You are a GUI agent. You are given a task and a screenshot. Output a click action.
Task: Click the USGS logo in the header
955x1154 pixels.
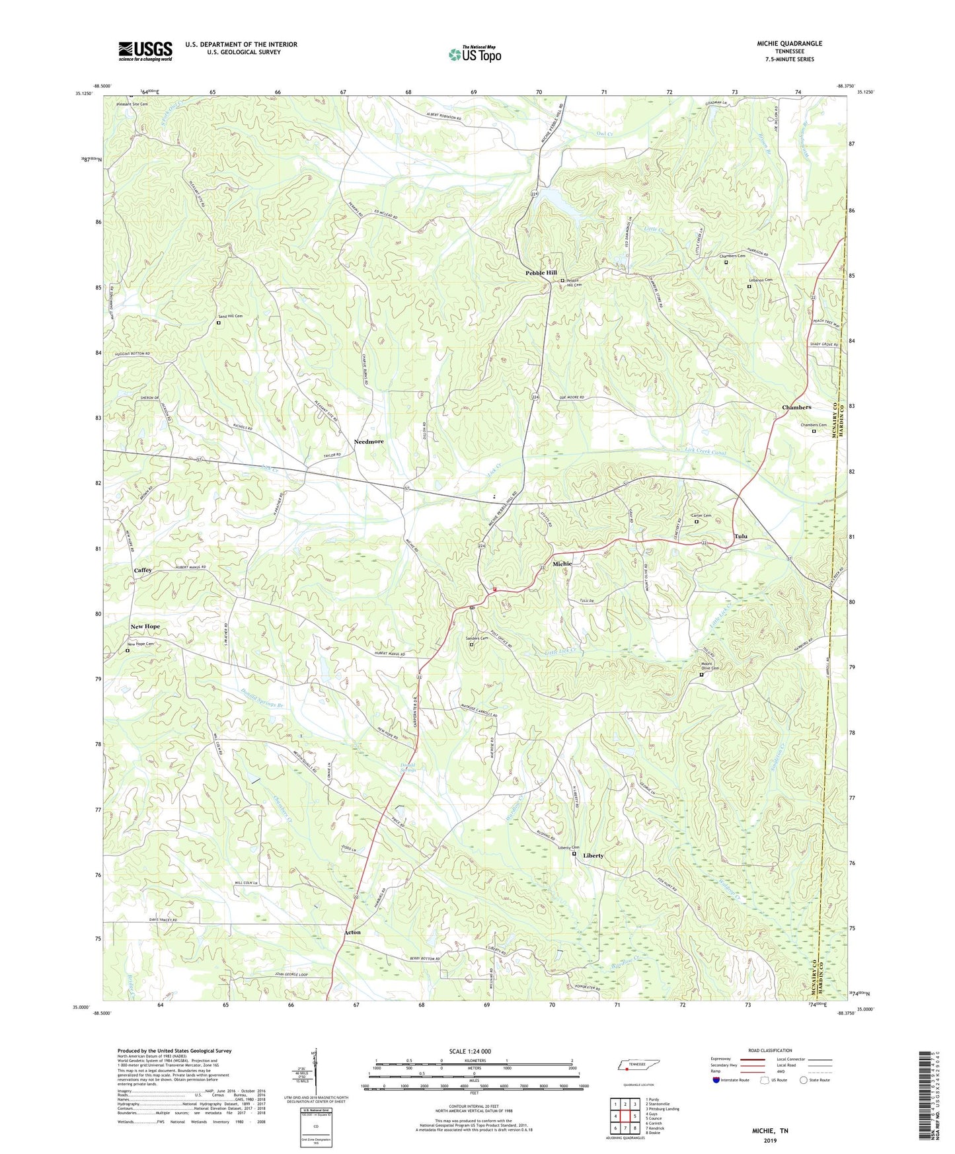(145, 52)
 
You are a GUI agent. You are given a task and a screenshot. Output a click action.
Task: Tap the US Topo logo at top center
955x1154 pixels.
(475, 54)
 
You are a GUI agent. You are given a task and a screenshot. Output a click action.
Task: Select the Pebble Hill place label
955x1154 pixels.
(541, 273)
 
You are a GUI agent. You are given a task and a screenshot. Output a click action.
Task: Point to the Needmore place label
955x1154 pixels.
(368, 442)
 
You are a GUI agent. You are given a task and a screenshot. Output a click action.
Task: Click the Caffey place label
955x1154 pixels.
(143, 570)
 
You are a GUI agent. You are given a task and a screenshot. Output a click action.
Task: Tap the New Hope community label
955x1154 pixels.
(145, 627)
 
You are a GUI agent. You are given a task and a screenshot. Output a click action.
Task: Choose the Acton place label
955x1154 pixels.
(352, 933)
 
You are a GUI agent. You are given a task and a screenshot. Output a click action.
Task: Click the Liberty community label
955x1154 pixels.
(593, 856)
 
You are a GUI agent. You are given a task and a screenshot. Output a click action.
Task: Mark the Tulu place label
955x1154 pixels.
(740, 537)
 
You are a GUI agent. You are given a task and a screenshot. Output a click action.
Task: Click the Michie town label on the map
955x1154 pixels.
(562, 564)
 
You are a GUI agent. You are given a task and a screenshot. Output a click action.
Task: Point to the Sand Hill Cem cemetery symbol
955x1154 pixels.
(219, 323)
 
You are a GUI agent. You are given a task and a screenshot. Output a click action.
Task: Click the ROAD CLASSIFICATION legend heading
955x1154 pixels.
(770, 1050)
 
